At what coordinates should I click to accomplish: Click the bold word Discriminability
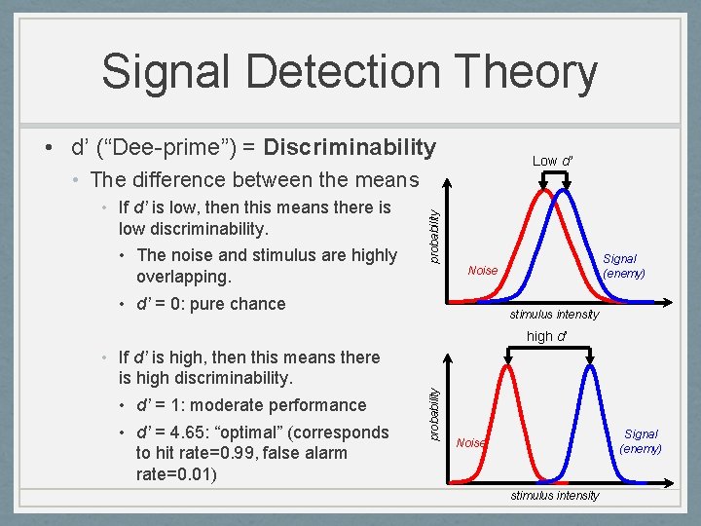coord(350,147)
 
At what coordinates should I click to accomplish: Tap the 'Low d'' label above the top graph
coord(552,161)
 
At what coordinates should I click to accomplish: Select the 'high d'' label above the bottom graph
coord(546,336)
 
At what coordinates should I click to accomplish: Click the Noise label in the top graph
coord(482,270)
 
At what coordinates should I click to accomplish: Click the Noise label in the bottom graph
coord(471,442)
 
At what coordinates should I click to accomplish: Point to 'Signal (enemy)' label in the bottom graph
coord(641,441)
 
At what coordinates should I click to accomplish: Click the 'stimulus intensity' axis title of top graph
coord(554,314)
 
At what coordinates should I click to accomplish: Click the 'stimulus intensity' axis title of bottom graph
coord(554,495)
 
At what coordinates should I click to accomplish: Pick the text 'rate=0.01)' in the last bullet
coord(176,473)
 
